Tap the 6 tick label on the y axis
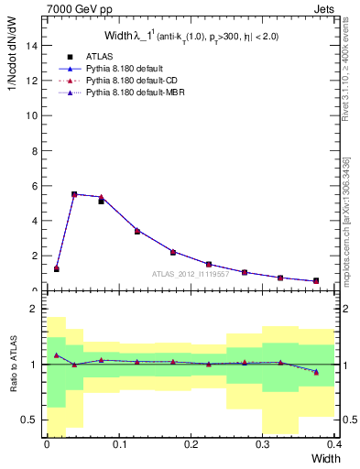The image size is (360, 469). [34, 186]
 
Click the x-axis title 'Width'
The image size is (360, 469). [324, 457]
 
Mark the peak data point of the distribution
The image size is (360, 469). [74, 194]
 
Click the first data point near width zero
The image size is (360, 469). [56, 268]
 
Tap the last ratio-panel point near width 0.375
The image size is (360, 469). [316, 372]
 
